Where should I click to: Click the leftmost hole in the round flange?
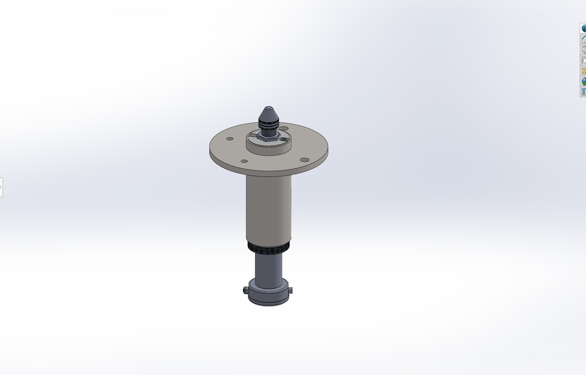point(230,139)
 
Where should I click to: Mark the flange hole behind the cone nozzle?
point(284,128)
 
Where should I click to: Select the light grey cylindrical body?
point(268,208)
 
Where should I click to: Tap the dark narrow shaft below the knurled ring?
point(268,267)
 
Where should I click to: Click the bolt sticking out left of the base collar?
point(244,289)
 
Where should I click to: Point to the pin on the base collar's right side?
point(291,289)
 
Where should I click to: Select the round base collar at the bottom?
point(268,294)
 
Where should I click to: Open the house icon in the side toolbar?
point(584,39)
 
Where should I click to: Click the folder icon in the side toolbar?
point(584,60)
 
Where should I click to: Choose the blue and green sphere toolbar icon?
point(584,81)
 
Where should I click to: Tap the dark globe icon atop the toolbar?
point(584,28)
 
